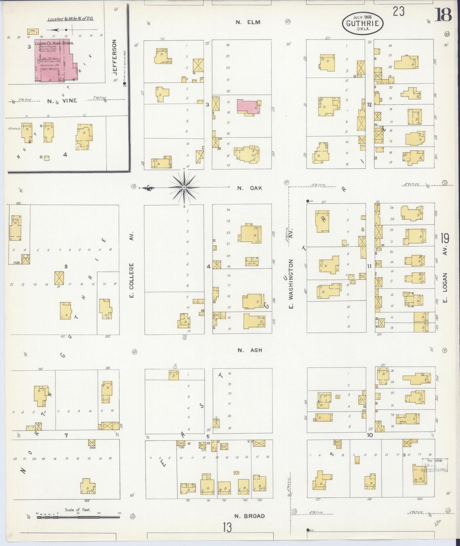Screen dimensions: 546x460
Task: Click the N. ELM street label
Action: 248,22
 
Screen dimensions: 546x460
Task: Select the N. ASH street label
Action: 250,350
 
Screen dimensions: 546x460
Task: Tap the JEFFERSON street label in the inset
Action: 115,57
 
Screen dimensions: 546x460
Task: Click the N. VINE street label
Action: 62,101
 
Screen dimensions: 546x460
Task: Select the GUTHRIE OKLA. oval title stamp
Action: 363,23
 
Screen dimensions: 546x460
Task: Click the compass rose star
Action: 184,188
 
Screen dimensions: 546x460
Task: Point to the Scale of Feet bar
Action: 78,517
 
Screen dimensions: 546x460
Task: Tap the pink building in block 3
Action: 248,106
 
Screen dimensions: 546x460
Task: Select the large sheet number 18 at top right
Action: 443,15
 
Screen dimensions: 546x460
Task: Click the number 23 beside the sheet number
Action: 398,12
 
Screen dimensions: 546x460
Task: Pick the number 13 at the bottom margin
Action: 227,528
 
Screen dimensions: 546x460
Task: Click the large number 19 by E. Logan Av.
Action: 445,238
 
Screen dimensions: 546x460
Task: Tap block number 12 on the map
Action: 369,104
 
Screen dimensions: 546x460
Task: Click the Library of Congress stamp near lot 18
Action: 435,465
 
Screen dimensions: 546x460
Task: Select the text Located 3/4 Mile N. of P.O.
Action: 70,19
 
